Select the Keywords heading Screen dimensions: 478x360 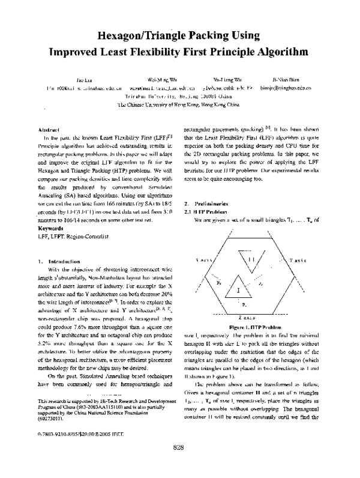[x=50, y=229]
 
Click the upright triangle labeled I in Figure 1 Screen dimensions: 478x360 [x=239, y=290]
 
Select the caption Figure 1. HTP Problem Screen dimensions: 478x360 [x=246, y=327]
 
